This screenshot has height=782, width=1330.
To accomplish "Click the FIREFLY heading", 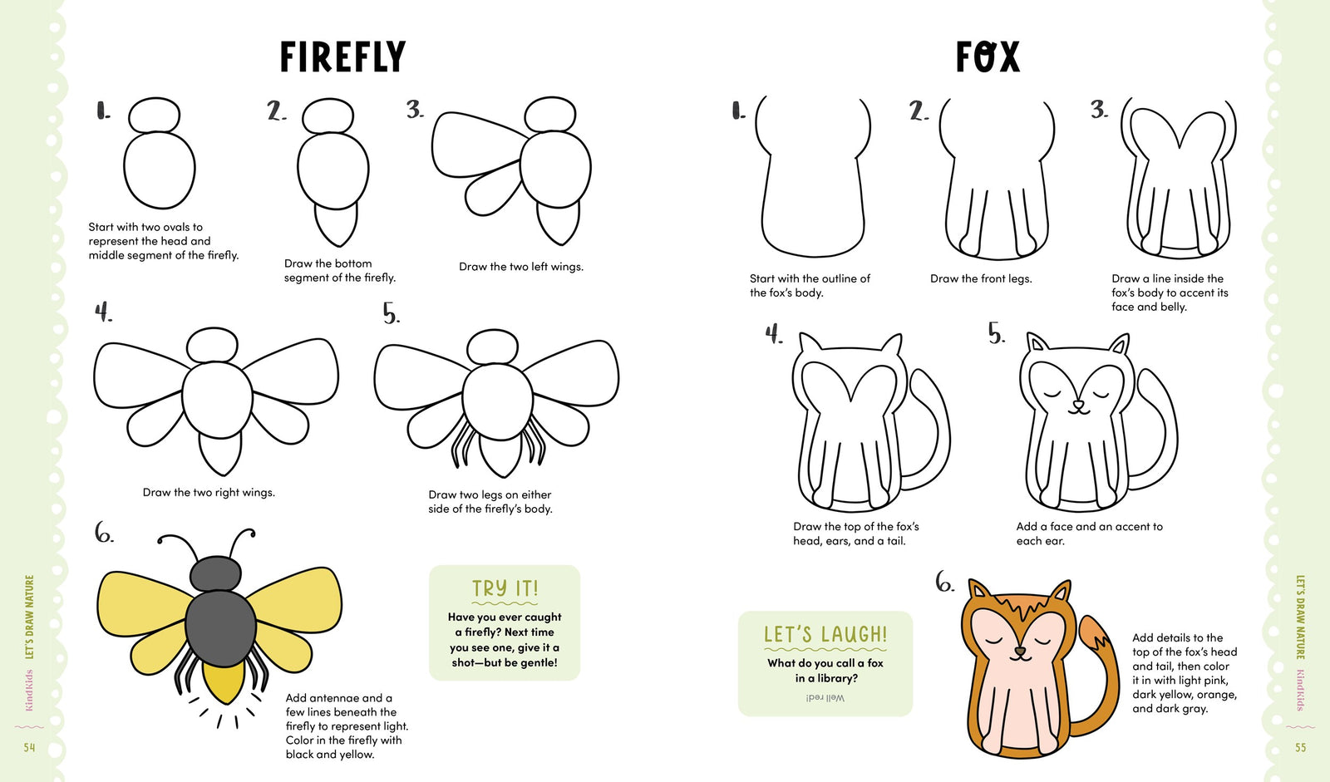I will click(342, 57).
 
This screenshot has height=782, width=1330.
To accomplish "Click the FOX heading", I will click(987, 57).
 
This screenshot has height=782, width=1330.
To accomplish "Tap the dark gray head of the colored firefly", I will click(215, 574).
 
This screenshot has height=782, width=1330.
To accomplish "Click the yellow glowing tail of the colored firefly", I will click(222, 682).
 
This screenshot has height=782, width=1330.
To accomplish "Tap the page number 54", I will click(29, 748).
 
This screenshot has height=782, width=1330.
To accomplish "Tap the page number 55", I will click(1300, 748).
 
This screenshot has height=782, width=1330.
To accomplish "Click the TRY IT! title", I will click(505, 588).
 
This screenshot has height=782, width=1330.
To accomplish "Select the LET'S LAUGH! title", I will click(825, 634).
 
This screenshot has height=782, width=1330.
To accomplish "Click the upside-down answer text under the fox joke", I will click(825, 698).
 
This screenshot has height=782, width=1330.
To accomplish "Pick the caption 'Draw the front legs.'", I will click(981, 279).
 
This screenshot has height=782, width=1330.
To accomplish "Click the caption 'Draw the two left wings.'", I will click(521, 267).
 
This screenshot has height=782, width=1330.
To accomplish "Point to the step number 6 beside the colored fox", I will click(944, 583).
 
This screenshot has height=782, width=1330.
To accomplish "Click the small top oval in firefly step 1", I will click(154, 116).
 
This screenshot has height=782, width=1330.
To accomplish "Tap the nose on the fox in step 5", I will click(1078, 406).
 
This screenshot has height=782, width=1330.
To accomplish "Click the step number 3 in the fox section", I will click(1099, 109).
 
